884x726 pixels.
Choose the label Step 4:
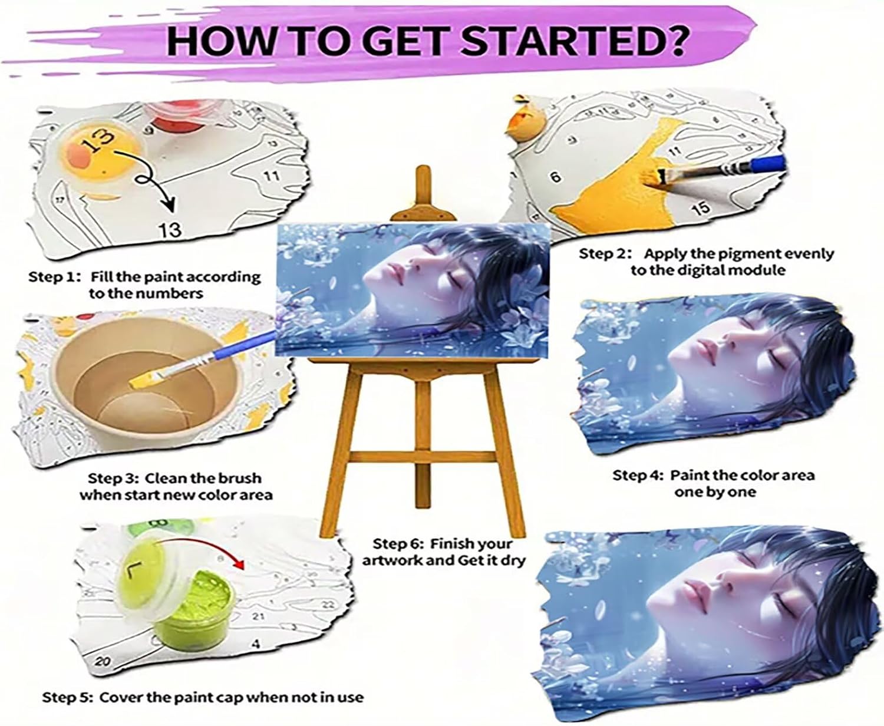tap(638, 476)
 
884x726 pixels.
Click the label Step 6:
tap(398, 544)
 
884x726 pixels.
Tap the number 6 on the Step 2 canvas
tap(556, 177)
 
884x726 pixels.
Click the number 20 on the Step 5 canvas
tap(102, 661)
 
